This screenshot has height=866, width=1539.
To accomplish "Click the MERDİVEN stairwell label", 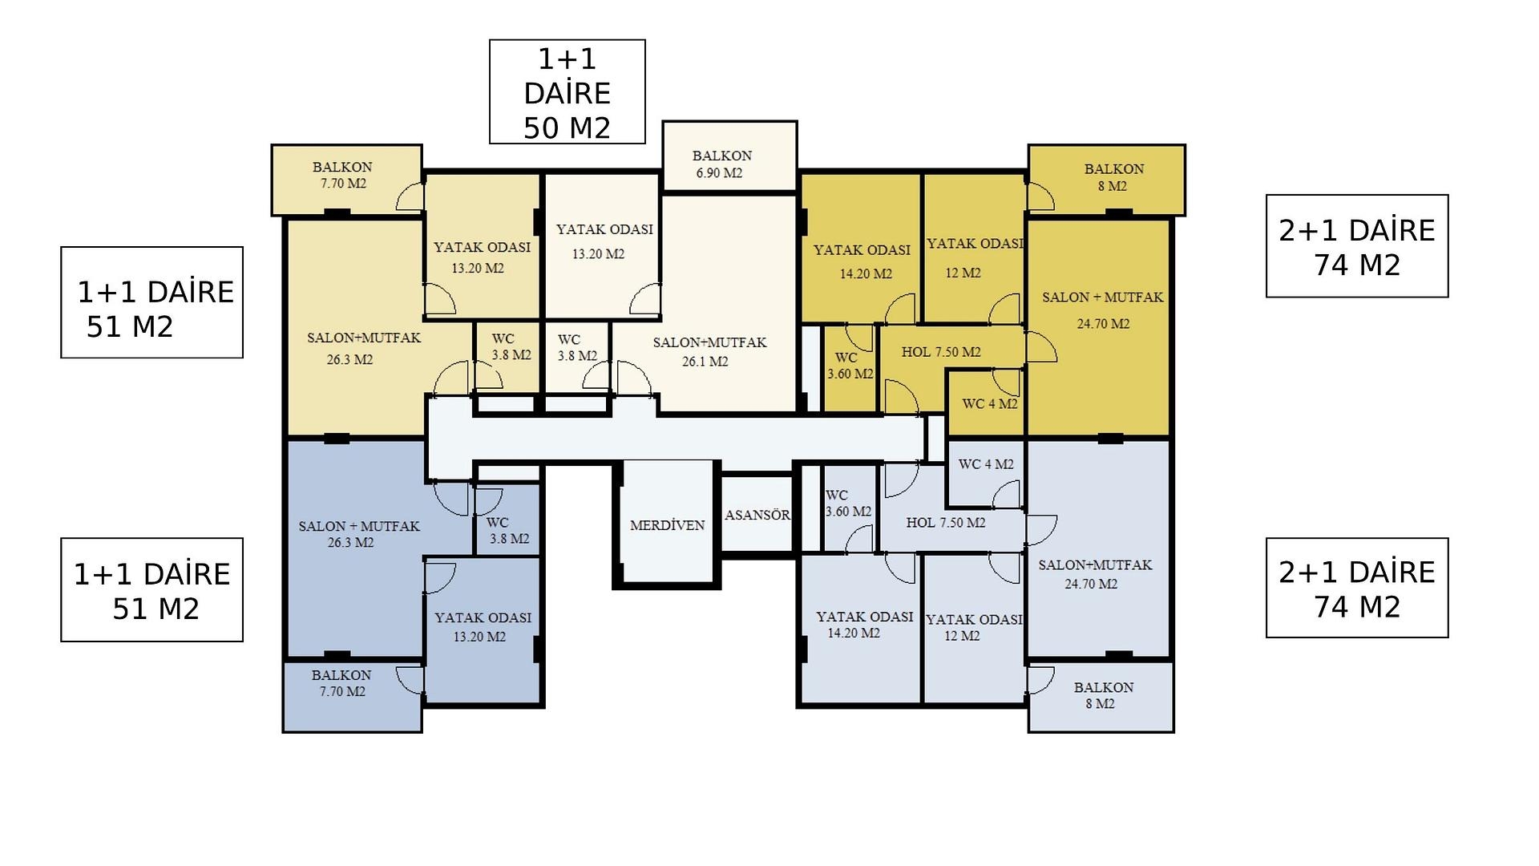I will (667, 525).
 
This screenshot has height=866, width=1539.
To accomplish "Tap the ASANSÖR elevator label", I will (757, 515).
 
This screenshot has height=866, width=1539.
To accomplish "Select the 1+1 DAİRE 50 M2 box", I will (567, 92).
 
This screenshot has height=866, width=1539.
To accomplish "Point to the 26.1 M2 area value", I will (705, 362).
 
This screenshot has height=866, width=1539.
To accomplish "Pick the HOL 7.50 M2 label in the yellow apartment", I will (940, 352).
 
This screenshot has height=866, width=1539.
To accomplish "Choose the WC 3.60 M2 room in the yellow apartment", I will (850, 366).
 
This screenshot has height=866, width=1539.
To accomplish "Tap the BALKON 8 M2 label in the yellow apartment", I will (1113, 177).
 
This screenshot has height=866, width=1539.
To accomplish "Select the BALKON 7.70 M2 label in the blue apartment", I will (341, 683).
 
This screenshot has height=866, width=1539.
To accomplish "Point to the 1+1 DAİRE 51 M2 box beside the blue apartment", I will (151, 590).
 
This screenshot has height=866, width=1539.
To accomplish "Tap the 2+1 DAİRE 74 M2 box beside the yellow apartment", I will (1356, 246).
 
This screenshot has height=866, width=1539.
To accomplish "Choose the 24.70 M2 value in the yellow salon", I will (1103, 324).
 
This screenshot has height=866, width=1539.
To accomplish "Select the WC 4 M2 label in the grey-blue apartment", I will (986, 464).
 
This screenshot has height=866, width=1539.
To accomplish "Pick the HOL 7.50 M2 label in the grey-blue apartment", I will (945, 523).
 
